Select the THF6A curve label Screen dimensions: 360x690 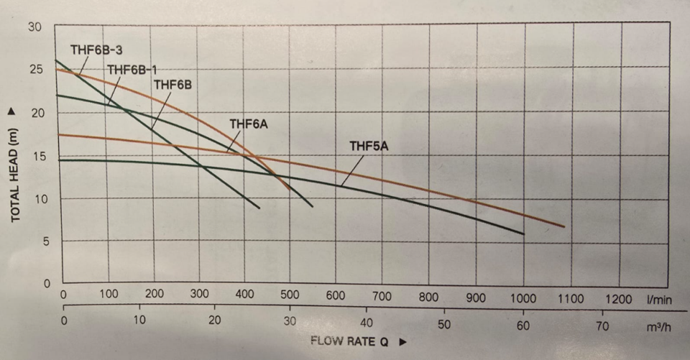[249, 124]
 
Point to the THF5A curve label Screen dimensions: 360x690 [369, 147]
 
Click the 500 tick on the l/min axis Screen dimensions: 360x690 [290, 296]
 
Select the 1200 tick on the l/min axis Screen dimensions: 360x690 [619, 296]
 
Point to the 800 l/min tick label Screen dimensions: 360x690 [429, 296]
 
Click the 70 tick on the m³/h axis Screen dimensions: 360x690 [602, 326]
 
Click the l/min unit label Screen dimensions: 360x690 [660, 296]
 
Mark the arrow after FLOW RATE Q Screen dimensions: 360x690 [403, 341]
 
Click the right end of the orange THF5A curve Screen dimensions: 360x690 [563, 227]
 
